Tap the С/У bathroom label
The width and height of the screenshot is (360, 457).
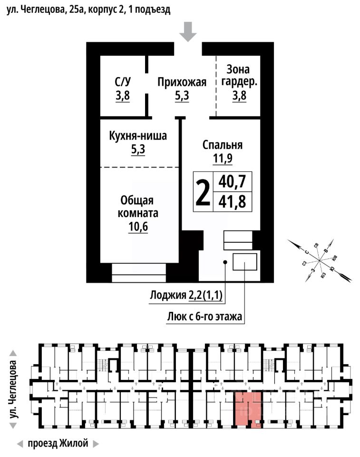pos(122,82)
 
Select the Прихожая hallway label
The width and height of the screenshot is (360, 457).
pos(182,82)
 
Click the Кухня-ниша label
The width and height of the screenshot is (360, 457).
pos(138,137)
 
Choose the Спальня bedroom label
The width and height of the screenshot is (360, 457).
pos(223,145)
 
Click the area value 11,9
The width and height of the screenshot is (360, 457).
pos(223,159)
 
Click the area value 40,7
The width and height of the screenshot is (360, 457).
pos(232,181)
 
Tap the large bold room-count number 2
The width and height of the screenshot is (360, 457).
pos(203,192)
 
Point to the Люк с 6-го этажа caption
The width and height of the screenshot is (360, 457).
pos(205,316)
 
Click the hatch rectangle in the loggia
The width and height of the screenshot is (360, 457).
pos(244,261)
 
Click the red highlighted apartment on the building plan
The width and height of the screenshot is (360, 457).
pos(248,408)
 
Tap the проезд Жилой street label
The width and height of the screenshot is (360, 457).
pos(58,444)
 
